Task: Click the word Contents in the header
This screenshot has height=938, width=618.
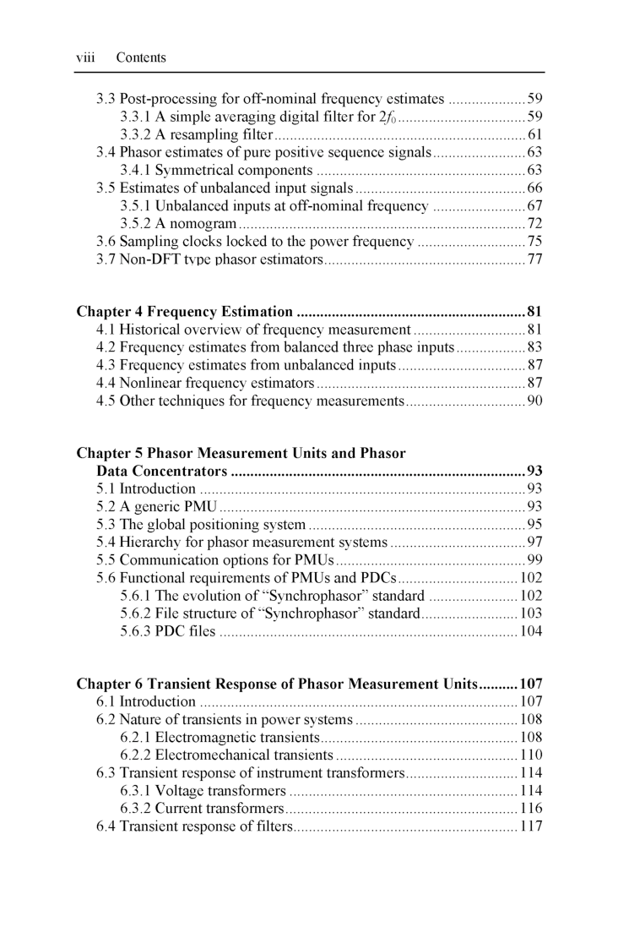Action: pos(141,58)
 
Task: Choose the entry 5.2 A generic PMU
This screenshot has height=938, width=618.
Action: pos(157,507)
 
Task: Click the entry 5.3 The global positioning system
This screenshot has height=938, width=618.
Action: pos(201,525)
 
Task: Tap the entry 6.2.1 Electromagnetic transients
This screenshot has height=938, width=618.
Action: pos(220,738)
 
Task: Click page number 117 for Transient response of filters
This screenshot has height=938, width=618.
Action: pos(531,826)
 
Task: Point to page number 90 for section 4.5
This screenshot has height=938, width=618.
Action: pos(534,401)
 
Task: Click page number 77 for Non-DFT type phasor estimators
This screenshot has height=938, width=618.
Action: pos(534,259)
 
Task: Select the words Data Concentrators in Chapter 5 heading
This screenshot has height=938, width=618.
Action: pos(161,471)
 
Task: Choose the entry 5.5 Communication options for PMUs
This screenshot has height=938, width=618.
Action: pos(215,560)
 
